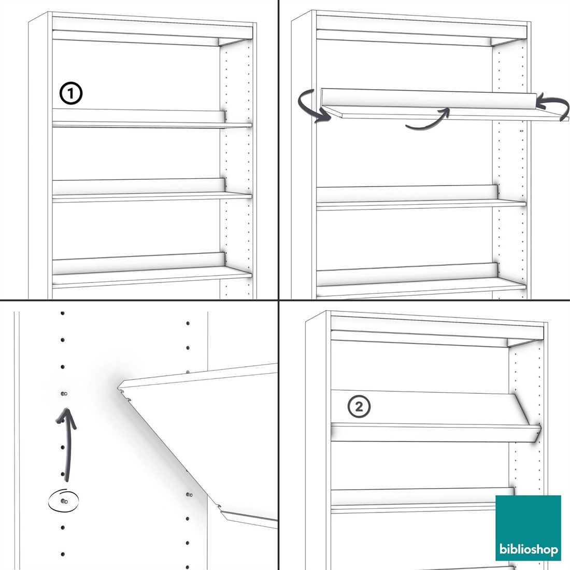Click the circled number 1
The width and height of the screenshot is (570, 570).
pyautogui.click(x=71, y=93)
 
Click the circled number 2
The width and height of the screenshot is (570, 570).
pyautogui.click(x=359, y=406)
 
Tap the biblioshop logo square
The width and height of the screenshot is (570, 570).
pyautogui.click(x=528, y=528)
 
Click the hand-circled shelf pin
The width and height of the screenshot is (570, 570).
pyautogui.click(x=64, y=501)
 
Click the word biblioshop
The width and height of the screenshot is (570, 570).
pyautogui.click(x=528, y=549)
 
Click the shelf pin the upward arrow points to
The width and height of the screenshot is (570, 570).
pyautogui.click(x=64, y=394)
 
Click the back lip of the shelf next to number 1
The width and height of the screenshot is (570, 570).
pyautogui.click(x=139, y=115)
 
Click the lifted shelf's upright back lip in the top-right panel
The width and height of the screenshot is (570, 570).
pyautogui.click(x=429, y=98)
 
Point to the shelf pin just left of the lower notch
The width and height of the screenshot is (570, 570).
pyautogui.click(x=189, y=495)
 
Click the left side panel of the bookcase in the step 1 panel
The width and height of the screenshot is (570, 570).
pyautogui.click(x=38, y=156)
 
